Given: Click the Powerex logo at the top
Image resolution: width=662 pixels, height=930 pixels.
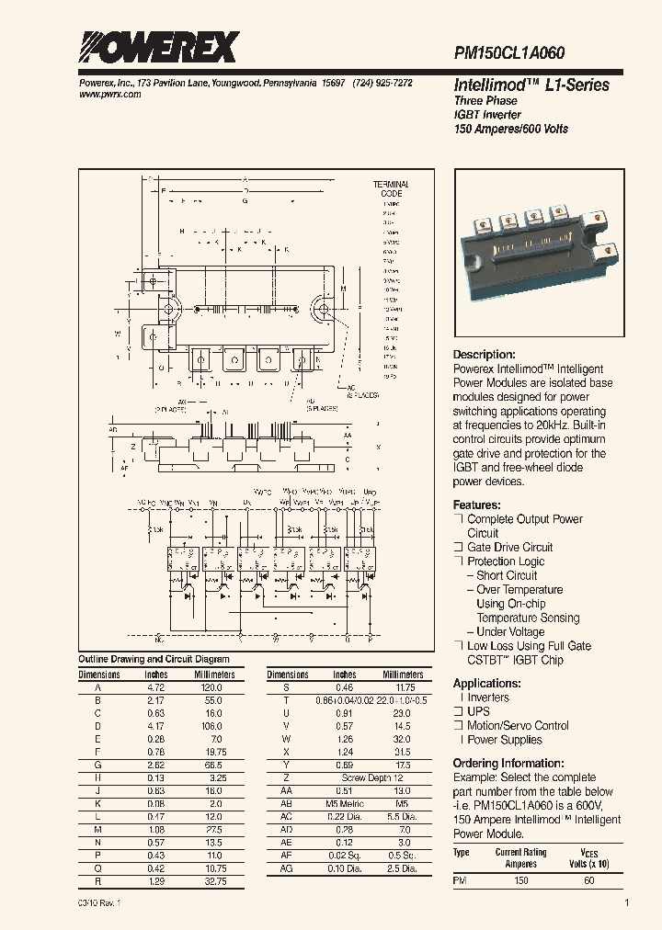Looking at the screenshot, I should [x=157, y=46].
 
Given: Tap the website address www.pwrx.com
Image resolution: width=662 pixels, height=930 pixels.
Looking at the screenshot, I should [x=105, y=95].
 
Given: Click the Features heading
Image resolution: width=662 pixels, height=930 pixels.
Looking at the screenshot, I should [x=476, y=505].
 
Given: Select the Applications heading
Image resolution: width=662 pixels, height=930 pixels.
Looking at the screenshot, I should [x=486, y=684].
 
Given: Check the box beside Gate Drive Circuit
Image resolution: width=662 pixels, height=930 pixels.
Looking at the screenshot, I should [x=458, y=548].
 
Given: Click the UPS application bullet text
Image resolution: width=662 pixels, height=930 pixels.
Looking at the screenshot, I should [x=478, y=712].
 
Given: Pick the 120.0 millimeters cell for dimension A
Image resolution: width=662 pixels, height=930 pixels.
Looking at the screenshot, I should [x=213, y=686].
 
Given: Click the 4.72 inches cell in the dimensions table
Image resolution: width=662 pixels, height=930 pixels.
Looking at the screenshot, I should [x=156, y=686].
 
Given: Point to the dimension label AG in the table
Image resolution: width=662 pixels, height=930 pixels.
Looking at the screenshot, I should [x=287, y=868].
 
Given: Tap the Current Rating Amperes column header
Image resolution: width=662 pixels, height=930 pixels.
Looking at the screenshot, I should [x=521, y=857].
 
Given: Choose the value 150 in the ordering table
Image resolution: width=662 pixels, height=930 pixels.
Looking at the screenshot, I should [x=521, y=880].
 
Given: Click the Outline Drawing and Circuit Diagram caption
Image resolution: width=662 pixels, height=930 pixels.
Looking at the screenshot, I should [x=154, y=660].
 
